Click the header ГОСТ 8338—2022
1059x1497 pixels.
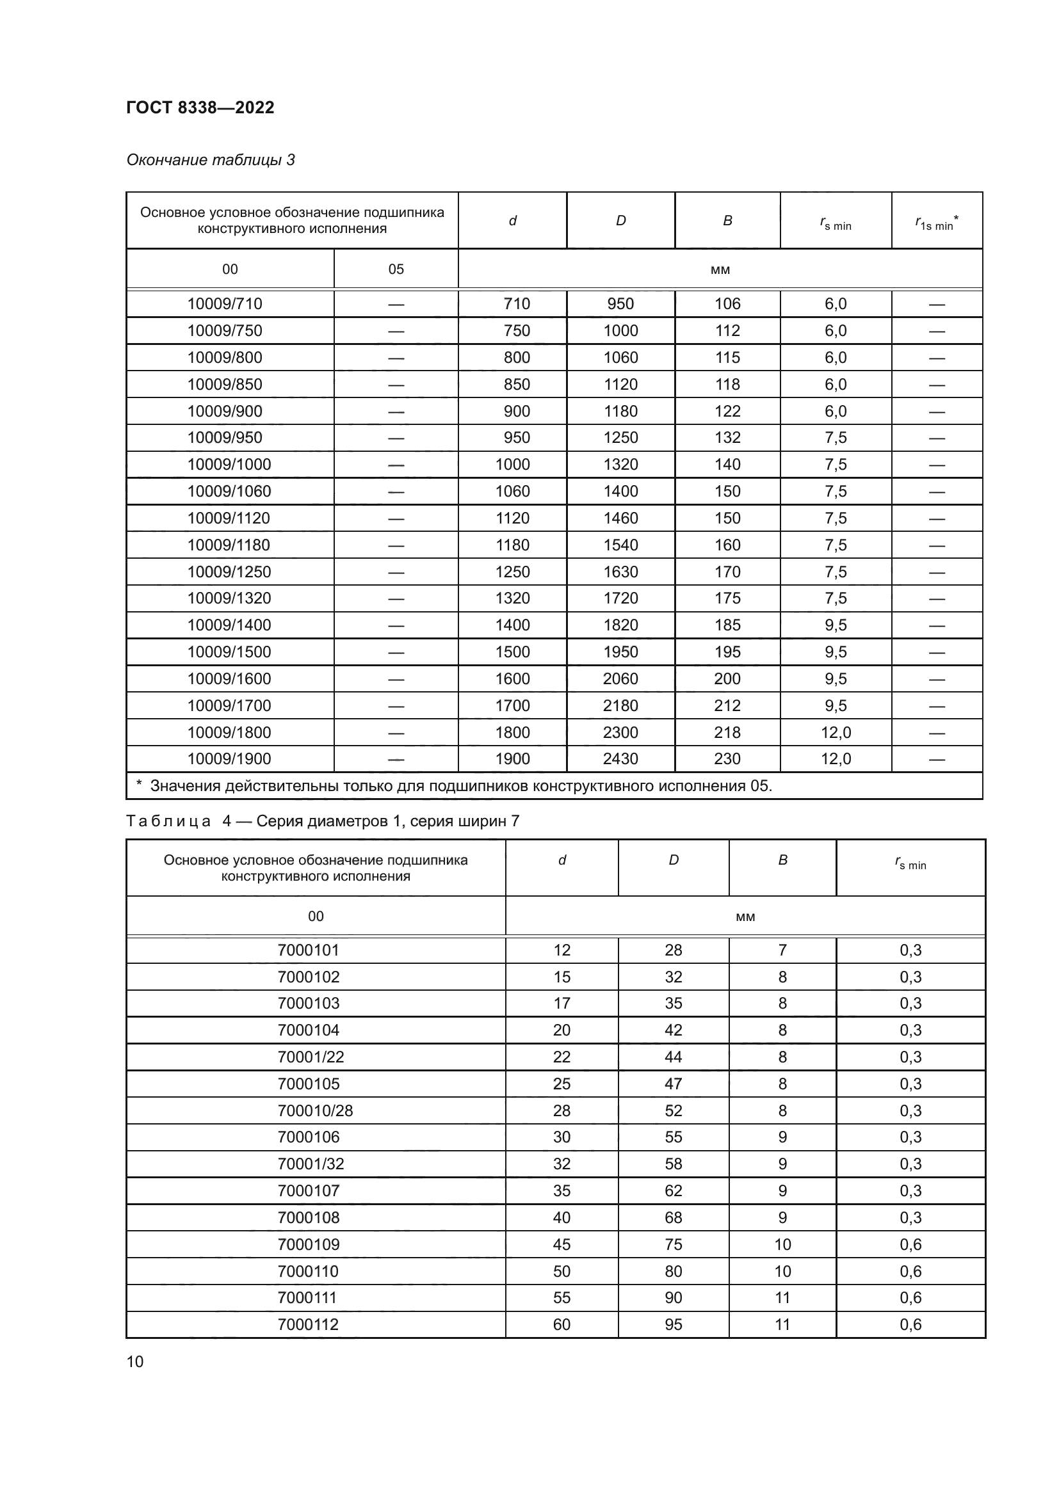coord(200,108)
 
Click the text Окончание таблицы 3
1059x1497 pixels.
coord(210,160)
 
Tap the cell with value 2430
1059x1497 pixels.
coord(620,759)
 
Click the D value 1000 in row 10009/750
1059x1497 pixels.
coord(620,330)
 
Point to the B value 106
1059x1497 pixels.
coord(727,304)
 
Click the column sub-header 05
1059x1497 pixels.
coord(396,269)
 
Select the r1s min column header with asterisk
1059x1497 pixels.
coord(937,223)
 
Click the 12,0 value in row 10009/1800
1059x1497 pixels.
coord(836,732)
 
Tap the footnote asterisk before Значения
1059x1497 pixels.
coord(139,785)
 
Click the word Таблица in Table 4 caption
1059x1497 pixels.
coord(168,821)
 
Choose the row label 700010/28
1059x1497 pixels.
coord(315,1110)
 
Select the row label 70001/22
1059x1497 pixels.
coord(311,1057)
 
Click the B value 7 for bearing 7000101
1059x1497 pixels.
coord(782,950)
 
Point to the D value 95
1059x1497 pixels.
coord(673,1324)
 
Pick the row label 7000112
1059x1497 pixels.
coord(308,1324)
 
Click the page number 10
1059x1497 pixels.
coord(134,1362)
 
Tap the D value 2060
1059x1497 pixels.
coord(620,678)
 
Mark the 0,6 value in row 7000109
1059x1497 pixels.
coord(910,1244)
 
